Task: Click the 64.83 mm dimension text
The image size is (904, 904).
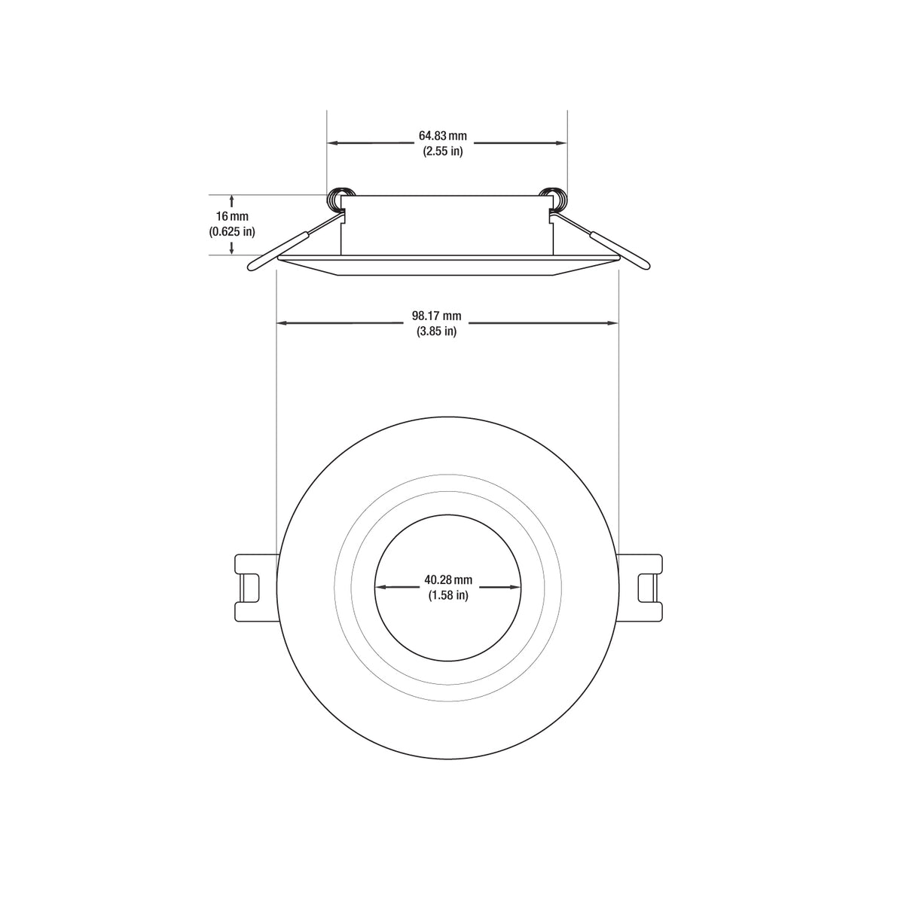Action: [443, 136]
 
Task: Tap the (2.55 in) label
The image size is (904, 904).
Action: [443, 151]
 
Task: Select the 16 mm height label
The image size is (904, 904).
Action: [232, 217]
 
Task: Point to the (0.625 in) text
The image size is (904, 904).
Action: [232, 232]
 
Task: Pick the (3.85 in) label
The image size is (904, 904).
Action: [436, 331]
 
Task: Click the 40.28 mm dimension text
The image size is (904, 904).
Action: [448, 580]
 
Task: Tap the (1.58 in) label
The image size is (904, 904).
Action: [448, 595]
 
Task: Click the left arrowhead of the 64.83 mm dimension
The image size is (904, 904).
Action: [332, 142]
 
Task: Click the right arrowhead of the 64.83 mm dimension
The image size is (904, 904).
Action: [561, 142]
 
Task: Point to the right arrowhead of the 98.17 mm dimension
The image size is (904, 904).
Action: [612, 323]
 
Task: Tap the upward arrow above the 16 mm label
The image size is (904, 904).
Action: [232, 200]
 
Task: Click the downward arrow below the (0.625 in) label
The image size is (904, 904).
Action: [232, 249]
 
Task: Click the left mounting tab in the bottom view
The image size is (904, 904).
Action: [252, 588]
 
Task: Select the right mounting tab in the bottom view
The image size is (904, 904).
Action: [645, 588]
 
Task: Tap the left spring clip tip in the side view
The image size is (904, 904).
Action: [255, 264]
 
